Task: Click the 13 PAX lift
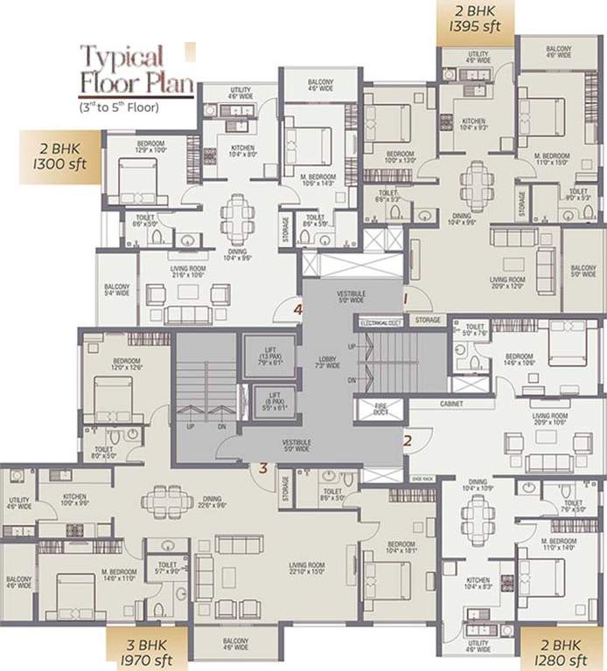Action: pyautogui.click(x=268, y=356)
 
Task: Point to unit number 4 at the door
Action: pyautogui.click(x=298, y=309)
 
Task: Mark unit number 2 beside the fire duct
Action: pyautogui.click(x=407, y=440)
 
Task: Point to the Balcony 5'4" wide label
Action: pyautogui.click(x=116, y=290)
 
